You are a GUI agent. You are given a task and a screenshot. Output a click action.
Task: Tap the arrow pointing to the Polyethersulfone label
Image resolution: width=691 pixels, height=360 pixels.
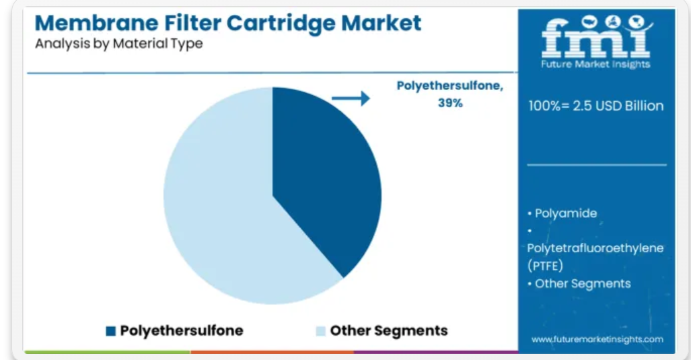(351, 98)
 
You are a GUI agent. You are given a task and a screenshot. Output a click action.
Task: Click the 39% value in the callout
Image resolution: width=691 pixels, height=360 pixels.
(450, 103)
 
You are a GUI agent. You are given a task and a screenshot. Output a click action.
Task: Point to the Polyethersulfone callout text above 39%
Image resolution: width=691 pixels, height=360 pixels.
(450, 85)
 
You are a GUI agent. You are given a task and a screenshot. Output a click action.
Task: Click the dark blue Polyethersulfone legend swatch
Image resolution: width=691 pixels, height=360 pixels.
(110, 331)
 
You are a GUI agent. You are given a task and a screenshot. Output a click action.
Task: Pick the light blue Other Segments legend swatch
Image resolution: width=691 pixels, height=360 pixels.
(321, 331)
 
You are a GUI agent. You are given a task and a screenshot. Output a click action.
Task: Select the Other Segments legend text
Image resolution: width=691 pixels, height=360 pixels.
(389, 330)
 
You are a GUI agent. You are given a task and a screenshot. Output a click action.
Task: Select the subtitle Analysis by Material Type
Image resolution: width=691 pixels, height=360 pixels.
(119, 44)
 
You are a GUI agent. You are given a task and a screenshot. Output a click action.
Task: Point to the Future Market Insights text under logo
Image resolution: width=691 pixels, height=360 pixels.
(596, 65)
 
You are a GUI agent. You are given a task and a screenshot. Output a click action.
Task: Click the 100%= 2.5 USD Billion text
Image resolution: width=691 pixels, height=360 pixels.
(596, 106)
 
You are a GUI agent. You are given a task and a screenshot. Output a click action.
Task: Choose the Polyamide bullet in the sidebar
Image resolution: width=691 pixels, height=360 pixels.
(562, 213)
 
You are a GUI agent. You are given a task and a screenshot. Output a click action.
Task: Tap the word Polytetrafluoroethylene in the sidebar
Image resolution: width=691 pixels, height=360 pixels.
(595, 248)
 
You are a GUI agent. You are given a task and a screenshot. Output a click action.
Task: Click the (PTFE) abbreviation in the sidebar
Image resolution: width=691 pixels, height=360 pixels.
(545, 266)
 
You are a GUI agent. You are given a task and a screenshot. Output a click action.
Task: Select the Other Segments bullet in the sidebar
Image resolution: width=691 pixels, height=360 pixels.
(579, 284)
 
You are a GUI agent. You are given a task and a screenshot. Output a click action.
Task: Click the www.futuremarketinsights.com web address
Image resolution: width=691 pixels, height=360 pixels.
(597, 339)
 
